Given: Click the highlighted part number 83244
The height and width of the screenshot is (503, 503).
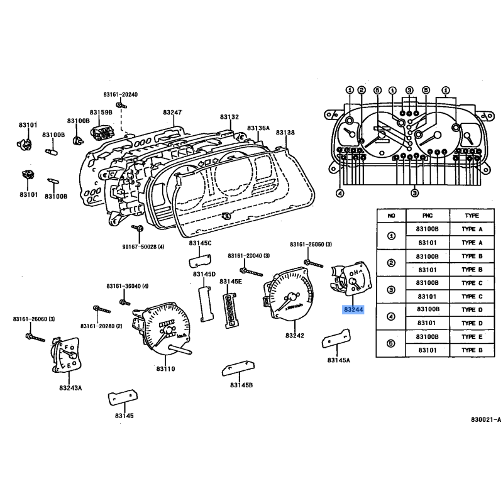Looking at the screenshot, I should click(x=352, y=310).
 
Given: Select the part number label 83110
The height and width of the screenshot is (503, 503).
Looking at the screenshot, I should click(x=166, y=369).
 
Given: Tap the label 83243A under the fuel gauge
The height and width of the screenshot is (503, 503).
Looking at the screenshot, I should click(x=70, y=388).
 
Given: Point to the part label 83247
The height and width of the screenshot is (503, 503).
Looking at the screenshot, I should click(x=172, y=112).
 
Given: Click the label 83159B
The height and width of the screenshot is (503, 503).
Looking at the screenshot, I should click(x=99, y=112).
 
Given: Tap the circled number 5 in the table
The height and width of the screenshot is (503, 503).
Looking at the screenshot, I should click(x=391, y=343).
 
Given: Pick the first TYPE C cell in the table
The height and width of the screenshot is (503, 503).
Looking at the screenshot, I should click(x=472, y=283).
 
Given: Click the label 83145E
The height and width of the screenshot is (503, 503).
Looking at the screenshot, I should click(x=230, y=282).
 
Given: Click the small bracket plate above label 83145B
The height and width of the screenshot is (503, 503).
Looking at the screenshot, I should click(x=236, y=368).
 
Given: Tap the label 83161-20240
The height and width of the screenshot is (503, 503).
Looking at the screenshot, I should click(x=121, y=94).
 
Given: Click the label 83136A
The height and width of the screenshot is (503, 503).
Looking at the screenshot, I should click(x=258, y=128).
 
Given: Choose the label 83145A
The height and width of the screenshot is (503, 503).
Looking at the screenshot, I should click(x=338, y=360).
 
